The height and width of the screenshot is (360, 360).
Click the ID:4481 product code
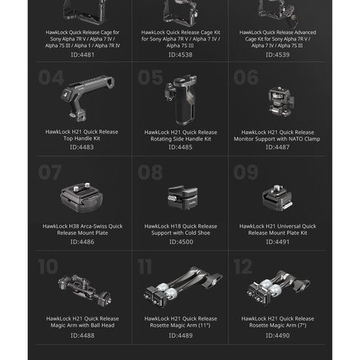(x=83, y=55)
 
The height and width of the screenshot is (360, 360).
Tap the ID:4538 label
(x=181, y=55)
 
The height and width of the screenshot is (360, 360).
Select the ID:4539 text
(x=278, y=55)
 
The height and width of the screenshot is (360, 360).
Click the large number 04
(x=51, y=78)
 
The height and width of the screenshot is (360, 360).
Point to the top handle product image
(x=87, y=98)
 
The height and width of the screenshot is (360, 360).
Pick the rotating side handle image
(x=181, y=99)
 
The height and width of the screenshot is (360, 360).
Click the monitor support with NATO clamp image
(x=280, y=102)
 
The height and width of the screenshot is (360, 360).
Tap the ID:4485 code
(x=181, y=147)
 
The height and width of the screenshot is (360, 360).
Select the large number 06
(x=246, y=78)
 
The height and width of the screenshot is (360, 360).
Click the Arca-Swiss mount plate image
(x=82, y=197)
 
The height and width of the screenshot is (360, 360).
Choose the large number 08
(x=150, y=172)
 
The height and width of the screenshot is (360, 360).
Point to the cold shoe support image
(x=183, y=197)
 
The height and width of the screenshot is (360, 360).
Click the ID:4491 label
(x=278, y=242)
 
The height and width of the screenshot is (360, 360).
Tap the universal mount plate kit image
(x=277, y=198)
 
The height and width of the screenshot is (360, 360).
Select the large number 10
(x=48, y=266)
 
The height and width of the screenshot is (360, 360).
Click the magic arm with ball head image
(x=86, y=290)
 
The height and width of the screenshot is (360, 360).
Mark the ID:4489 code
(x=181, y=336)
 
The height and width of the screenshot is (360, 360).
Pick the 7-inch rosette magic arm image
(x=279, y=287)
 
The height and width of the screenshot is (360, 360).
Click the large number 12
(x=243, y=266)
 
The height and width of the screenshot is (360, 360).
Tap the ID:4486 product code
(x=82, y=242)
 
